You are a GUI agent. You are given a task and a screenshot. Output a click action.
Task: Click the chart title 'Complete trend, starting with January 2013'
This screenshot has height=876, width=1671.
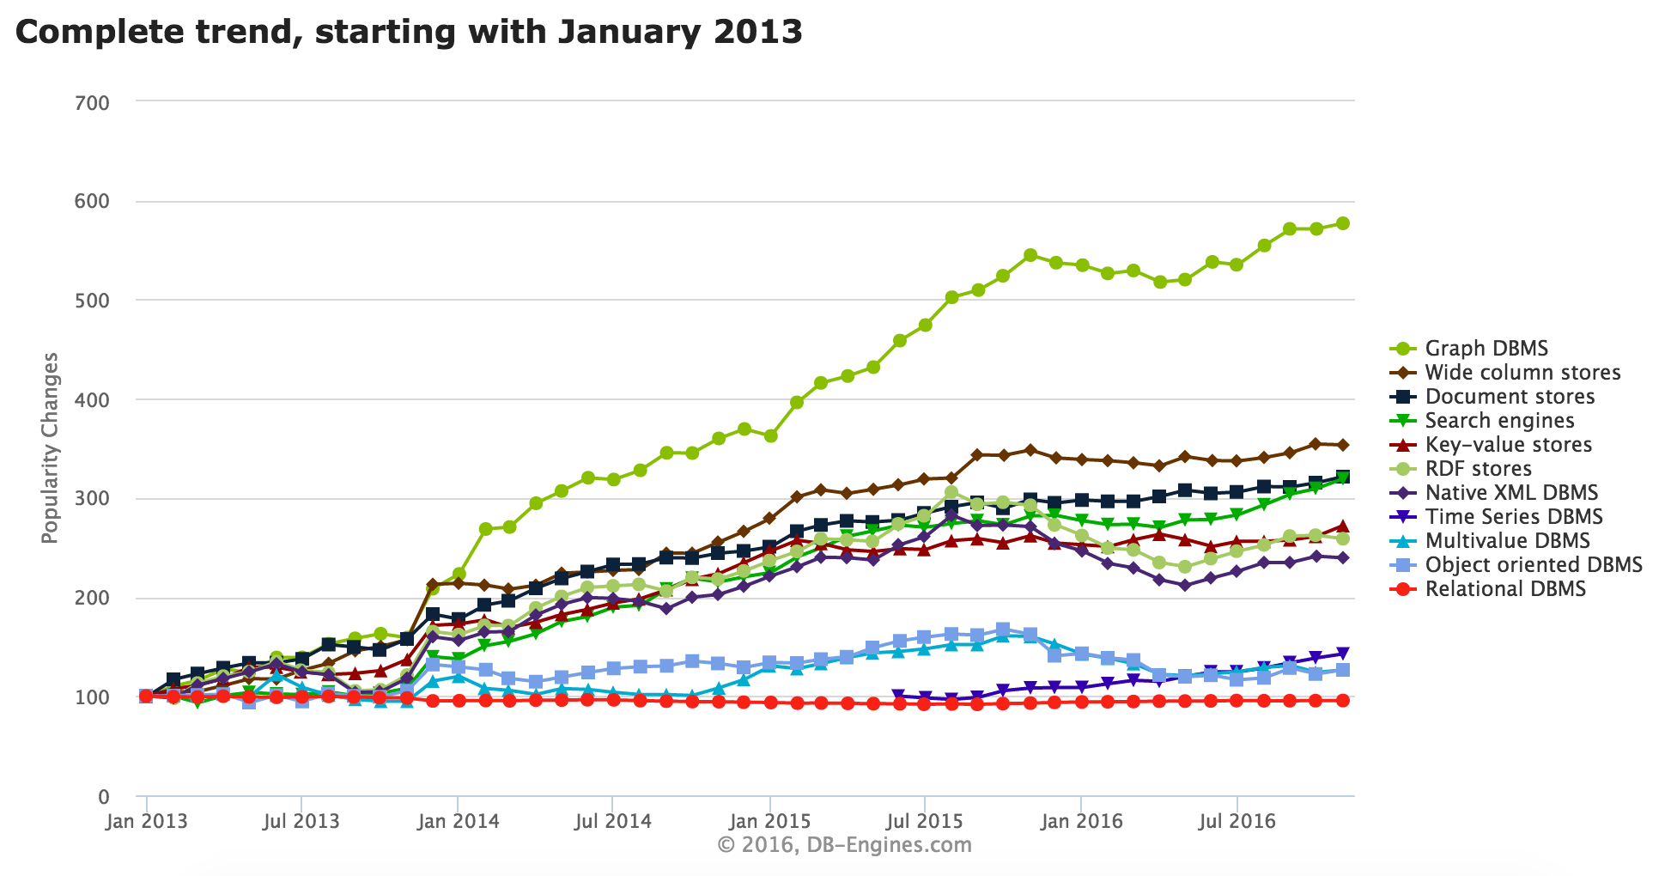(409, 33)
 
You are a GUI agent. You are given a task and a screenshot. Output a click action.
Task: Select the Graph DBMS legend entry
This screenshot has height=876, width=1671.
(1486, 348)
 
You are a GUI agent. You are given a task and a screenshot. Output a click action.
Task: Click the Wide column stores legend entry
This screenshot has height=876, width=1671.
(1522, 372)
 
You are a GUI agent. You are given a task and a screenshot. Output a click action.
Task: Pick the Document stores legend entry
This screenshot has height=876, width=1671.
(1509, 396)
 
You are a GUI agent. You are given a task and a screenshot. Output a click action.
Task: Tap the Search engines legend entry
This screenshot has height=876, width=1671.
(1498, 420)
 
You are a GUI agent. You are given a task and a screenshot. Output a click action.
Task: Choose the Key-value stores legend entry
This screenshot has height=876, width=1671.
(1508, 444)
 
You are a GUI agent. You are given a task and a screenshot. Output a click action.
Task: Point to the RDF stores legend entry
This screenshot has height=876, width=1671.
(1478, 468)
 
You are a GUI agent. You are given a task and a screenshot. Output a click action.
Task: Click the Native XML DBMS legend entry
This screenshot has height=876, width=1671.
(1510, 492)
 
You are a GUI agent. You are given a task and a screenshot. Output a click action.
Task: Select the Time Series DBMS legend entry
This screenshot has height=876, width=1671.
(1513, 516)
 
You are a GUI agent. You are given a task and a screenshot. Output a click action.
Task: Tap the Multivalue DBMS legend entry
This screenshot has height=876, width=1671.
(1507, 540)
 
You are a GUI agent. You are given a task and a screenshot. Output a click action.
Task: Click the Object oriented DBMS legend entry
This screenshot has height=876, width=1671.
(1533, 564)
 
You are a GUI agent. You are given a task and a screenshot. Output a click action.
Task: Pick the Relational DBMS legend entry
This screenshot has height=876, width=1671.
(1504, 588)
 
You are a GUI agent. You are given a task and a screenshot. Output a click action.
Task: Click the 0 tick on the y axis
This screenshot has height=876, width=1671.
(104, 797)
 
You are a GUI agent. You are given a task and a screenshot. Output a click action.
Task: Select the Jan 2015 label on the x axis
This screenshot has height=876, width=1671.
(769, 820)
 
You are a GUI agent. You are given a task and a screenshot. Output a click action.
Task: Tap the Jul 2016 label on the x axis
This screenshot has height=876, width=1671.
(1236, 820)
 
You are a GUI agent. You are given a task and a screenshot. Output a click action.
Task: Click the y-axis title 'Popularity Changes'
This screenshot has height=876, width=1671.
(50, 447)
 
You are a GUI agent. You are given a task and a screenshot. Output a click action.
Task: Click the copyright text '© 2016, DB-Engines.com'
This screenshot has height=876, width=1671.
(844, 845)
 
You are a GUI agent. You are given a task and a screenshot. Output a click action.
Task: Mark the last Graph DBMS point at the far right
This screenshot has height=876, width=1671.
(1342, 223)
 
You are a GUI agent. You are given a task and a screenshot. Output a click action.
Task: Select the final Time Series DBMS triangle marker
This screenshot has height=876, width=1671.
(1342, 654)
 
